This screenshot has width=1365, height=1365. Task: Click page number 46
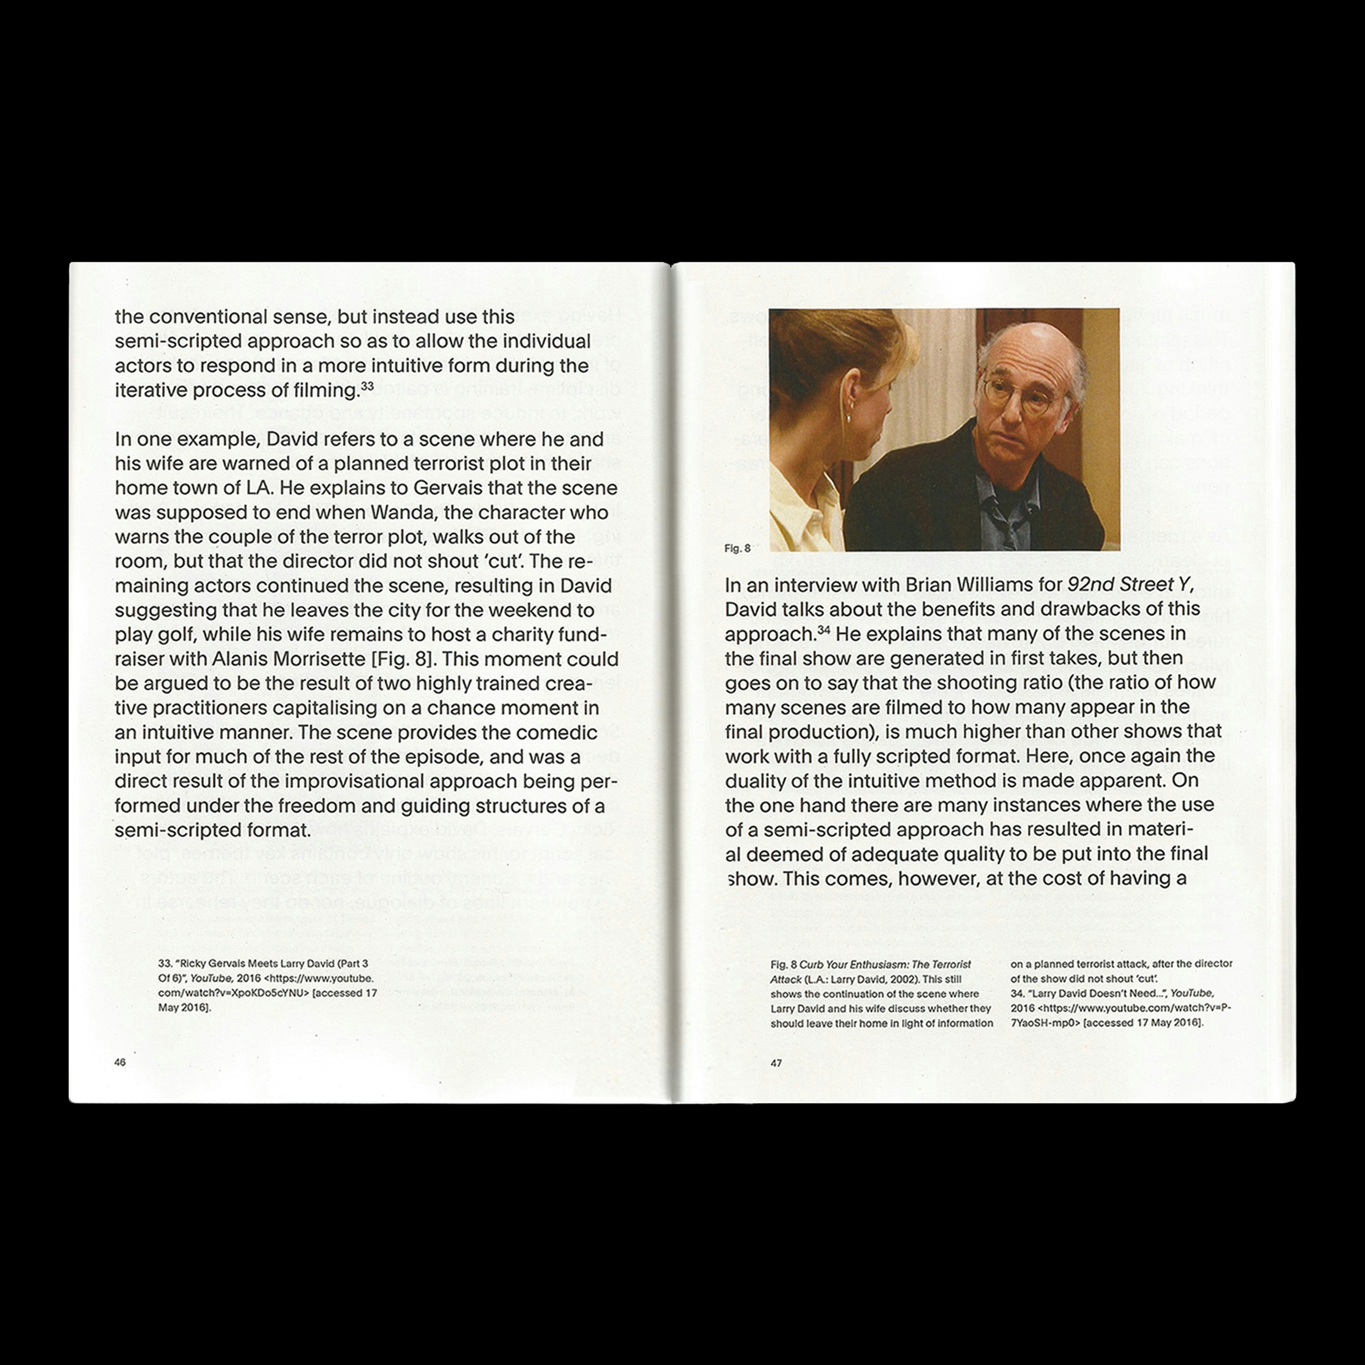click(x=120, y=1062)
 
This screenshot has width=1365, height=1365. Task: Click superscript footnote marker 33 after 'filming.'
click(x=367, y=386)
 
